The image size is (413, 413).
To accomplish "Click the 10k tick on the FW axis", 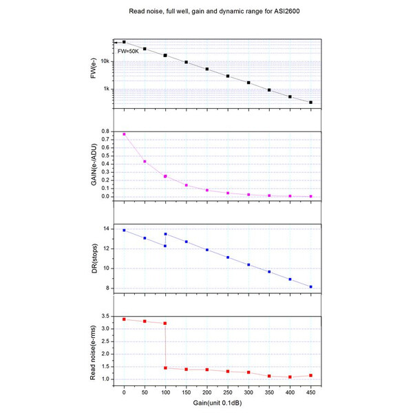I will point(106,61).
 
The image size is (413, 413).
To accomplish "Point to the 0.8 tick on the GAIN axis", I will point(106,131).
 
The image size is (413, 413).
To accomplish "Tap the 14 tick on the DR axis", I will point(107,229).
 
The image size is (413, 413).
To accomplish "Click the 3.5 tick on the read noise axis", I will point(106,316).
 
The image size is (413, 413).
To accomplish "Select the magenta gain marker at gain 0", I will point(124,134).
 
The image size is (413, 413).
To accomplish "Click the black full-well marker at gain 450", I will point(311,103).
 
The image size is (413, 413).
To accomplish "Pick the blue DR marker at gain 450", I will point(311,287).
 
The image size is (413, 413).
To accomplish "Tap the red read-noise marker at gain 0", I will point(124,319).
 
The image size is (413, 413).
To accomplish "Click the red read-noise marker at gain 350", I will point(269,376).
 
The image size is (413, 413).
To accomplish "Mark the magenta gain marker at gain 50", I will point(145,162).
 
